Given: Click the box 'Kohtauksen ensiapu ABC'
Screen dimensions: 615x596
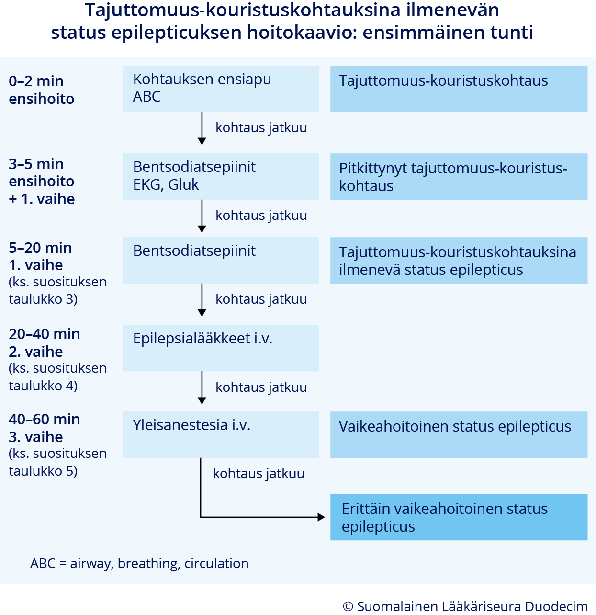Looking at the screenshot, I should coord(221,89).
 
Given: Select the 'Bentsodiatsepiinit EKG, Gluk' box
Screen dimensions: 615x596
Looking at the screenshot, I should coord(221,176).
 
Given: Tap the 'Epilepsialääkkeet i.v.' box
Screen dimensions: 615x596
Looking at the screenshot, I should coord(221,348).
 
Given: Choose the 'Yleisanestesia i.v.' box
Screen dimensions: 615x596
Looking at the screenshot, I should coord(221,434).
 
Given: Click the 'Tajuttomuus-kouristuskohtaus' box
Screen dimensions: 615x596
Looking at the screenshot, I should coord(459,89).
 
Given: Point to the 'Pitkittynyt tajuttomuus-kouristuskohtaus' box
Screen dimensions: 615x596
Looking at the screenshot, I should coord(459,176).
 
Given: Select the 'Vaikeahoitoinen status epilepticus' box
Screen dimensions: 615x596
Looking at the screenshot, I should coord(459,434).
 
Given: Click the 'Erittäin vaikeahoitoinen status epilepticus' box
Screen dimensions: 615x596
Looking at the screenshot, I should coord(459,517).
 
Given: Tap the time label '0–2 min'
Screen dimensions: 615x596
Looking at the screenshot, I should coord(36,81).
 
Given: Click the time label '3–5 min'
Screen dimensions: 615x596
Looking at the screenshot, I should coord(36,164).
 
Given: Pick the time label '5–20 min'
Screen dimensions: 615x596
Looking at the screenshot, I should coord(41,248).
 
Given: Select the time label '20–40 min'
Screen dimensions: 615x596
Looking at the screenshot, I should coord(45,334).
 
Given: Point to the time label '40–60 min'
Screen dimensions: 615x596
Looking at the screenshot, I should coord(45,420).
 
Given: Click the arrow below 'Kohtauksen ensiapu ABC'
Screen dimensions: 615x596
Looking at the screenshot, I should coord(202,128).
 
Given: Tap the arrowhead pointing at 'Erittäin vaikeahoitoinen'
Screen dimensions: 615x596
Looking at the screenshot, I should coord(321,517).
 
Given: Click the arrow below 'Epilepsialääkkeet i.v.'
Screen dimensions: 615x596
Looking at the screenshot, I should coord(202,387).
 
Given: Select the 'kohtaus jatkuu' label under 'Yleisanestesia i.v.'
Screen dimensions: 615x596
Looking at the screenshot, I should coord(259,474).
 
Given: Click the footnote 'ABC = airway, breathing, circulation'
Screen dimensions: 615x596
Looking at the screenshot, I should coord(139,564).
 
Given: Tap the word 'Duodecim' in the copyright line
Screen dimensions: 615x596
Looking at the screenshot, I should coord(556,606).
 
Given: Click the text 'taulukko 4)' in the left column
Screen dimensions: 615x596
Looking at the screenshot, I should coord(43,386).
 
